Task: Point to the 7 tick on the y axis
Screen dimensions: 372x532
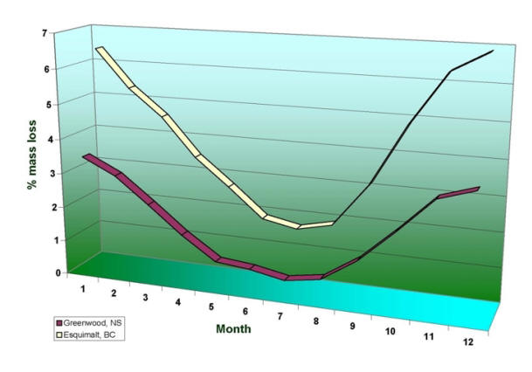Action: click(43, 33)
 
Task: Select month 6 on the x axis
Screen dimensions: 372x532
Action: click(245, 311)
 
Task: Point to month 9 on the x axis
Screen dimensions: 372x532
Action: click(353, 325)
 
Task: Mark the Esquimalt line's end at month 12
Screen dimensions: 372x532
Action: click(494, 51)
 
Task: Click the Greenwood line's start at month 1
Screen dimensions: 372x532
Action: click(87, 158)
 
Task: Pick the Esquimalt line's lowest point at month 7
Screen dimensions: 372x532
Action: click(298, 226)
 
